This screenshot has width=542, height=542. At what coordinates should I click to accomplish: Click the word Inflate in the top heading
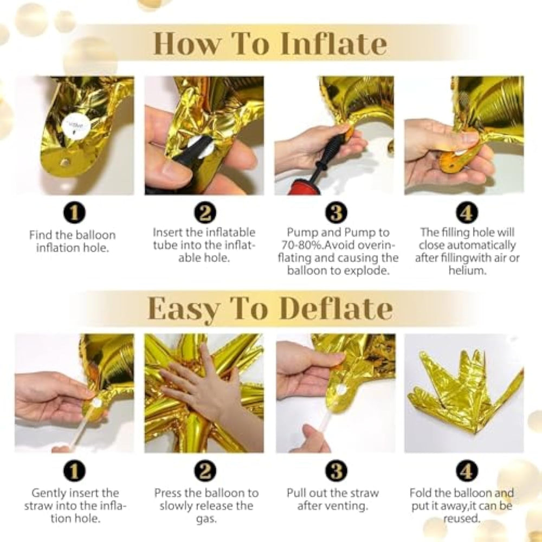click(x=333, y=43)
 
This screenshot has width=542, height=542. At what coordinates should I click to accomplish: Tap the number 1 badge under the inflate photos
click(x=74, y=213)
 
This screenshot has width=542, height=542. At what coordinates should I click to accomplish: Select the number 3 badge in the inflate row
click(x=337, y=213)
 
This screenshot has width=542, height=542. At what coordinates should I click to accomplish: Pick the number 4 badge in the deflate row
click(x=466, y=471)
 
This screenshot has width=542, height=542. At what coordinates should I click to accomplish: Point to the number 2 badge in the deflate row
click(x=205, y=471)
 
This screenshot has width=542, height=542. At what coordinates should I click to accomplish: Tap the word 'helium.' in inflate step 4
click(x=467, y=270)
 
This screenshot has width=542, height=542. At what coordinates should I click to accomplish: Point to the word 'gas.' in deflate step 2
click(x=207, y=519)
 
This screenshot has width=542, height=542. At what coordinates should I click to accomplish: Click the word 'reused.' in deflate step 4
click(x=462, y=519)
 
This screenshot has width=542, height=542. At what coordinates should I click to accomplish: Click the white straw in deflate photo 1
click(x=81, y=427)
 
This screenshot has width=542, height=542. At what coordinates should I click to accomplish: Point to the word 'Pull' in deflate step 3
click(x=296, y=493)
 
